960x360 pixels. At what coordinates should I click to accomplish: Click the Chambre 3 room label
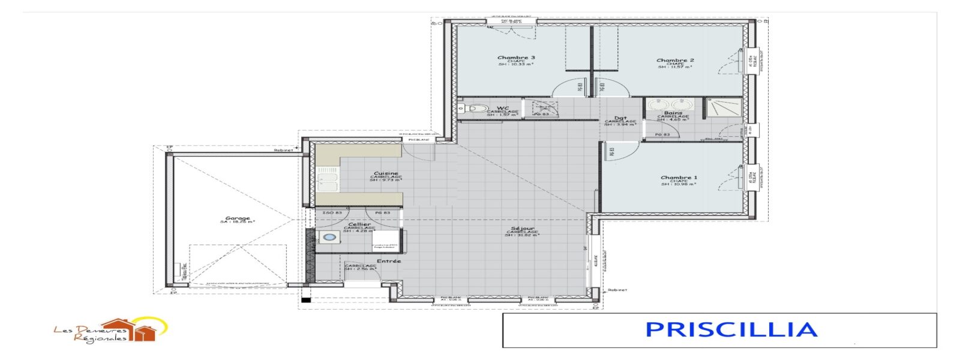pos(516,58)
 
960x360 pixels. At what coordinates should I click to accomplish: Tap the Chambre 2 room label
pos(675,60)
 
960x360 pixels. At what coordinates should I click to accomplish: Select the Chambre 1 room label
pos(679,178)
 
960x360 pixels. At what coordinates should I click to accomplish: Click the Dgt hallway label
pos(620,118)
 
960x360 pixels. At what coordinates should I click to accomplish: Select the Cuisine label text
pos(385,173)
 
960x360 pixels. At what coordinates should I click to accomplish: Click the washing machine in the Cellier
pos(329,238)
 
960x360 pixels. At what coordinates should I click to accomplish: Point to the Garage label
pos(238,218)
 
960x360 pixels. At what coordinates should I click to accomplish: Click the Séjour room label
pos(522,229)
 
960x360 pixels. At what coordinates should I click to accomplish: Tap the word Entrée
pos(389,261)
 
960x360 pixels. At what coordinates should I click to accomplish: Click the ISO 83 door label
pos(332,213)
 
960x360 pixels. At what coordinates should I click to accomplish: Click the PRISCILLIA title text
pos(731,329)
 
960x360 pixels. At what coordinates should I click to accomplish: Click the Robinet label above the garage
pos(283,150)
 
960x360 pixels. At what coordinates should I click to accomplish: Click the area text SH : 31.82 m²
pos(521,235)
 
